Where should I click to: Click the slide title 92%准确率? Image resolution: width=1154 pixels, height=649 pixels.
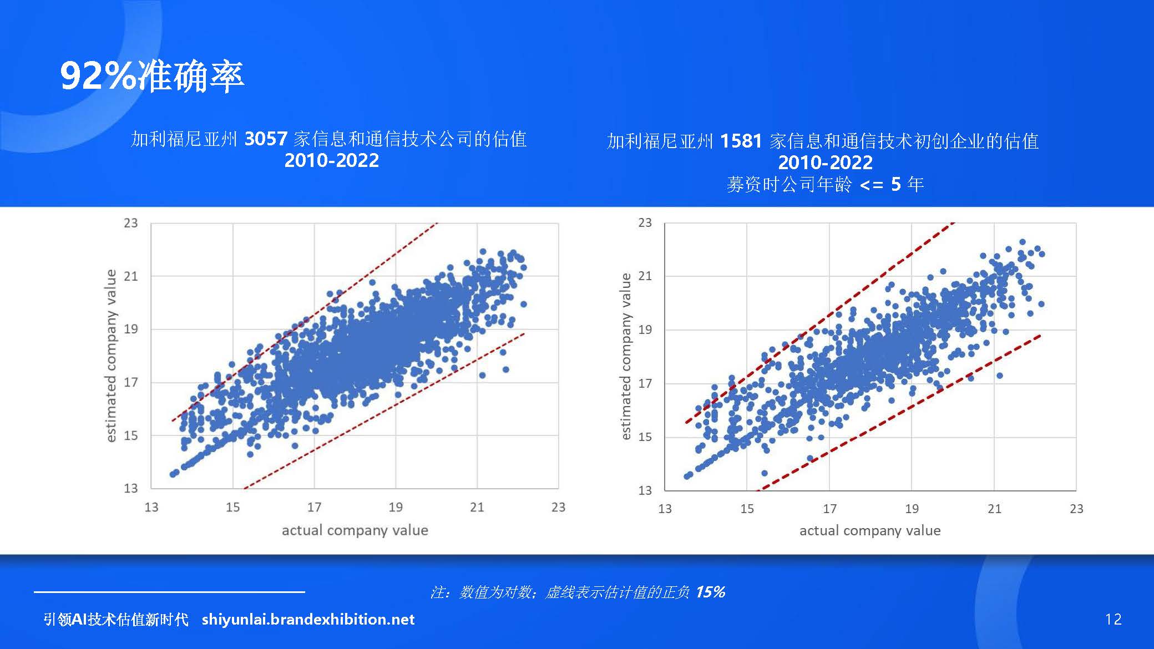(152, 76)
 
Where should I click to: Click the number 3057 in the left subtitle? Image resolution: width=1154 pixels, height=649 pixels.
(266, 139)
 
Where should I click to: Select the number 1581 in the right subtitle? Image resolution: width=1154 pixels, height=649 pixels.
(741, 141)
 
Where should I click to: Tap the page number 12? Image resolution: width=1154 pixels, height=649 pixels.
(1113, 619)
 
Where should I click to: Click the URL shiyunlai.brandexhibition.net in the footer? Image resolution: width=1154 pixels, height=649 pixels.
(308, 619)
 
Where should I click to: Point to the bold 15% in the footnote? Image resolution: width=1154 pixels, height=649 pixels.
(710, 592)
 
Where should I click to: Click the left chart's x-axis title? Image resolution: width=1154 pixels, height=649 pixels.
(355, 530)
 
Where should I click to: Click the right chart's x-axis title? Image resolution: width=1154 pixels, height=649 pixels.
(869, 531)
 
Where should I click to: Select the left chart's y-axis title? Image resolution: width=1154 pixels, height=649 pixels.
(111, 356)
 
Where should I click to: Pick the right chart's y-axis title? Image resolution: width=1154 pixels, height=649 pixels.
(626, 356)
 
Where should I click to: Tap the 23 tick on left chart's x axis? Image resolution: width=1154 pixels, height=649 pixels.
(558, 507)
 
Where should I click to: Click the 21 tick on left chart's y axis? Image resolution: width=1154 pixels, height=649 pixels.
(130, 276)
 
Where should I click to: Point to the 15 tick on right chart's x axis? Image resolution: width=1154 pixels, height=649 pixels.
(747, 509)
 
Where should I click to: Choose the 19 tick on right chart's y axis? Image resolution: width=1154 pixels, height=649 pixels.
(645, 329)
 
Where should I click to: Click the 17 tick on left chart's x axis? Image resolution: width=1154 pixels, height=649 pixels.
(314, 507)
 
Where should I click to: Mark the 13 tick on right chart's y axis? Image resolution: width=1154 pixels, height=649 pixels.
(645, 490)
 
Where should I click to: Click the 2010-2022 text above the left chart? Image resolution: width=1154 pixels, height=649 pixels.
(331, 160)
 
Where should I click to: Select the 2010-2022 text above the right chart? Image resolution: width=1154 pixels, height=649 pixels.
(825, 163)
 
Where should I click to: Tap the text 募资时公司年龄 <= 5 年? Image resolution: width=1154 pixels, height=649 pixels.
(825, 184)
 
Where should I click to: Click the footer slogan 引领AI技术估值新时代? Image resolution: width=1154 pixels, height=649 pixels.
(116, 619)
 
